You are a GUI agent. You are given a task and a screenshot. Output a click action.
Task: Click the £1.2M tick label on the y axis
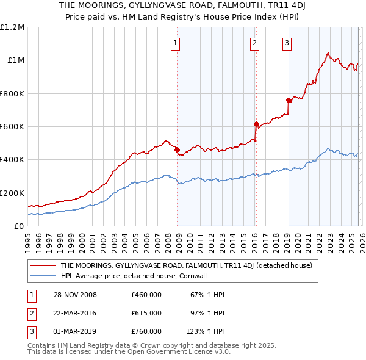click(x=12, y=27)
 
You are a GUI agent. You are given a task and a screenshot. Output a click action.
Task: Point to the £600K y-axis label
click(x=12, y=127)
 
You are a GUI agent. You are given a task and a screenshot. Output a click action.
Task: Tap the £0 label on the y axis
click(x=18, y=226)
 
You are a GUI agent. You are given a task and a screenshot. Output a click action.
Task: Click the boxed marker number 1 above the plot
click(x=175, y=43)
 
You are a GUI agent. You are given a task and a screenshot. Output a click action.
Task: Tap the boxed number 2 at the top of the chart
click(x=254, y=43)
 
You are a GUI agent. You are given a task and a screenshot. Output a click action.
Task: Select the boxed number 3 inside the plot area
click(x=286, y=43)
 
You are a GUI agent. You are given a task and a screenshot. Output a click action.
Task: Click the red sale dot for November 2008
click(x=177, y=149)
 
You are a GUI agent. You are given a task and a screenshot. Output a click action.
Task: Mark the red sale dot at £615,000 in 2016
click(x=256, y=124)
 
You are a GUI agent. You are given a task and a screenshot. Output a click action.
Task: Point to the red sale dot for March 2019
click(x=288, y=100)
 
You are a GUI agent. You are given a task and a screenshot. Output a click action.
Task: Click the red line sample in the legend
click(x=43, y=265)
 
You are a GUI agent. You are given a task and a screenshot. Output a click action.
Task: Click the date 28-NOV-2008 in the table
click(x=75, y=295)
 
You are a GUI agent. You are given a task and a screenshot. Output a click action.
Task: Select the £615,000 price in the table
click(x=146, y=313)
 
